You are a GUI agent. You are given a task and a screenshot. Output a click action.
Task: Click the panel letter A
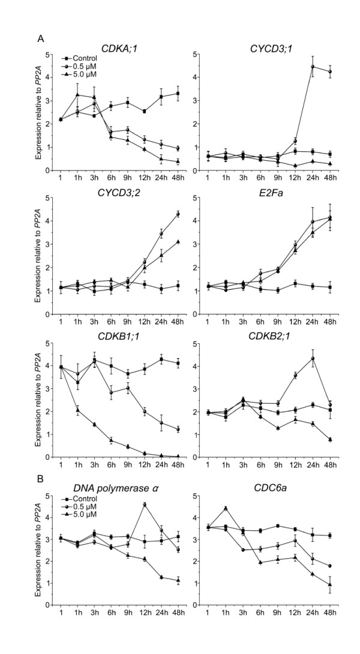(40, 38)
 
